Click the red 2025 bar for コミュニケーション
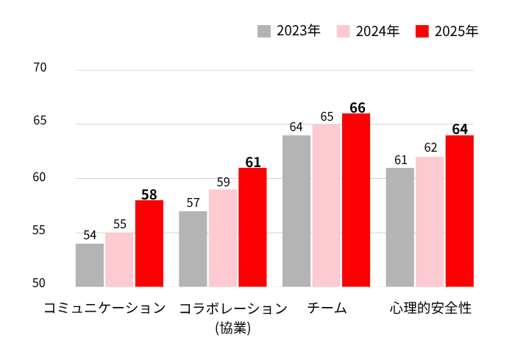pyautogui.click(x=149, y=243)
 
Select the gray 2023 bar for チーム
pyautogui.click(x=296, y=211)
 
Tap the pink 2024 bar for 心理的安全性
pyautogui.click(x=430, y=222)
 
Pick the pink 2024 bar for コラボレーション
pyautogui.click(x=223, y=238)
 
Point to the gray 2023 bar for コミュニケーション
pyautogui.click(x=90, y=265)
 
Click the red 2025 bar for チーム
pyautogui.click(x=356, y=200)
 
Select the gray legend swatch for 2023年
pyautogui.click(x=264, y=31)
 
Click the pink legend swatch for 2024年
pyautogui.click(x=344, y=31)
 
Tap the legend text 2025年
pyautogui.click(x=457, y=31)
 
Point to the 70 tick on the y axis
pyautogui.click(x=40, y=68)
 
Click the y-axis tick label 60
pyautogui.click(x=39, y=177)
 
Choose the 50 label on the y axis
pyautogui.click(x=39, y=283)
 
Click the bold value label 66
pyautogui.click(x=358, y=107)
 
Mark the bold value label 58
pyautogui.click(x=149, y=194)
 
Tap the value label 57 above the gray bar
pyautogui.click(x=193, y=202)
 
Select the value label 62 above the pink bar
pyautogui.click(x=430, y=148)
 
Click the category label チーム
pyautogui.click(x=327, y=308)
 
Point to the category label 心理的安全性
pyautogui.click(x=430, y=308)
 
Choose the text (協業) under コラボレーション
pyautogui.click(x=233, y=328)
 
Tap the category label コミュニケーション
pyautogui.click(x=104, y=308)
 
